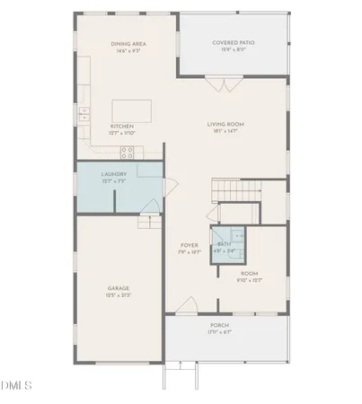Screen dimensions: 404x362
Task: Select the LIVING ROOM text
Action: tap(225, 125)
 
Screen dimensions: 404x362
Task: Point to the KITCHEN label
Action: tap(122, 127)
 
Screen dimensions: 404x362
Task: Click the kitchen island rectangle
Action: tap(133, 110)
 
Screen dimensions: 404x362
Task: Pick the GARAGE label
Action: tap(119, 288)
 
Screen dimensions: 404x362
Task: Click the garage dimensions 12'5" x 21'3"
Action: tap(119, 295)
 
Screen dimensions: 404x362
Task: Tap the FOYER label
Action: tap(189, 244)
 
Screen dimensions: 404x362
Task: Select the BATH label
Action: tap(224, 244)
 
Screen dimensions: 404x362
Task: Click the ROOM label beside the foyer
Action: tap(249, 273)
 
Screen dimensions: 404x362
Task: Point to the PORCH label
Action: tap(219, 325)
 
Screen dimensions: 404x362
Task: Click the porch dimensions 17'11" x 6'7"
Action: tap(219, 332)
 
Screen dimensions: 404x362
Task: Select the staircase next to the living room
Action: tap(235, 191)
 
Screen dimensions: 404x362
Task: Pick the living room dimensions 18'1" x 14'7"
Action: tap(225, 132)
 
